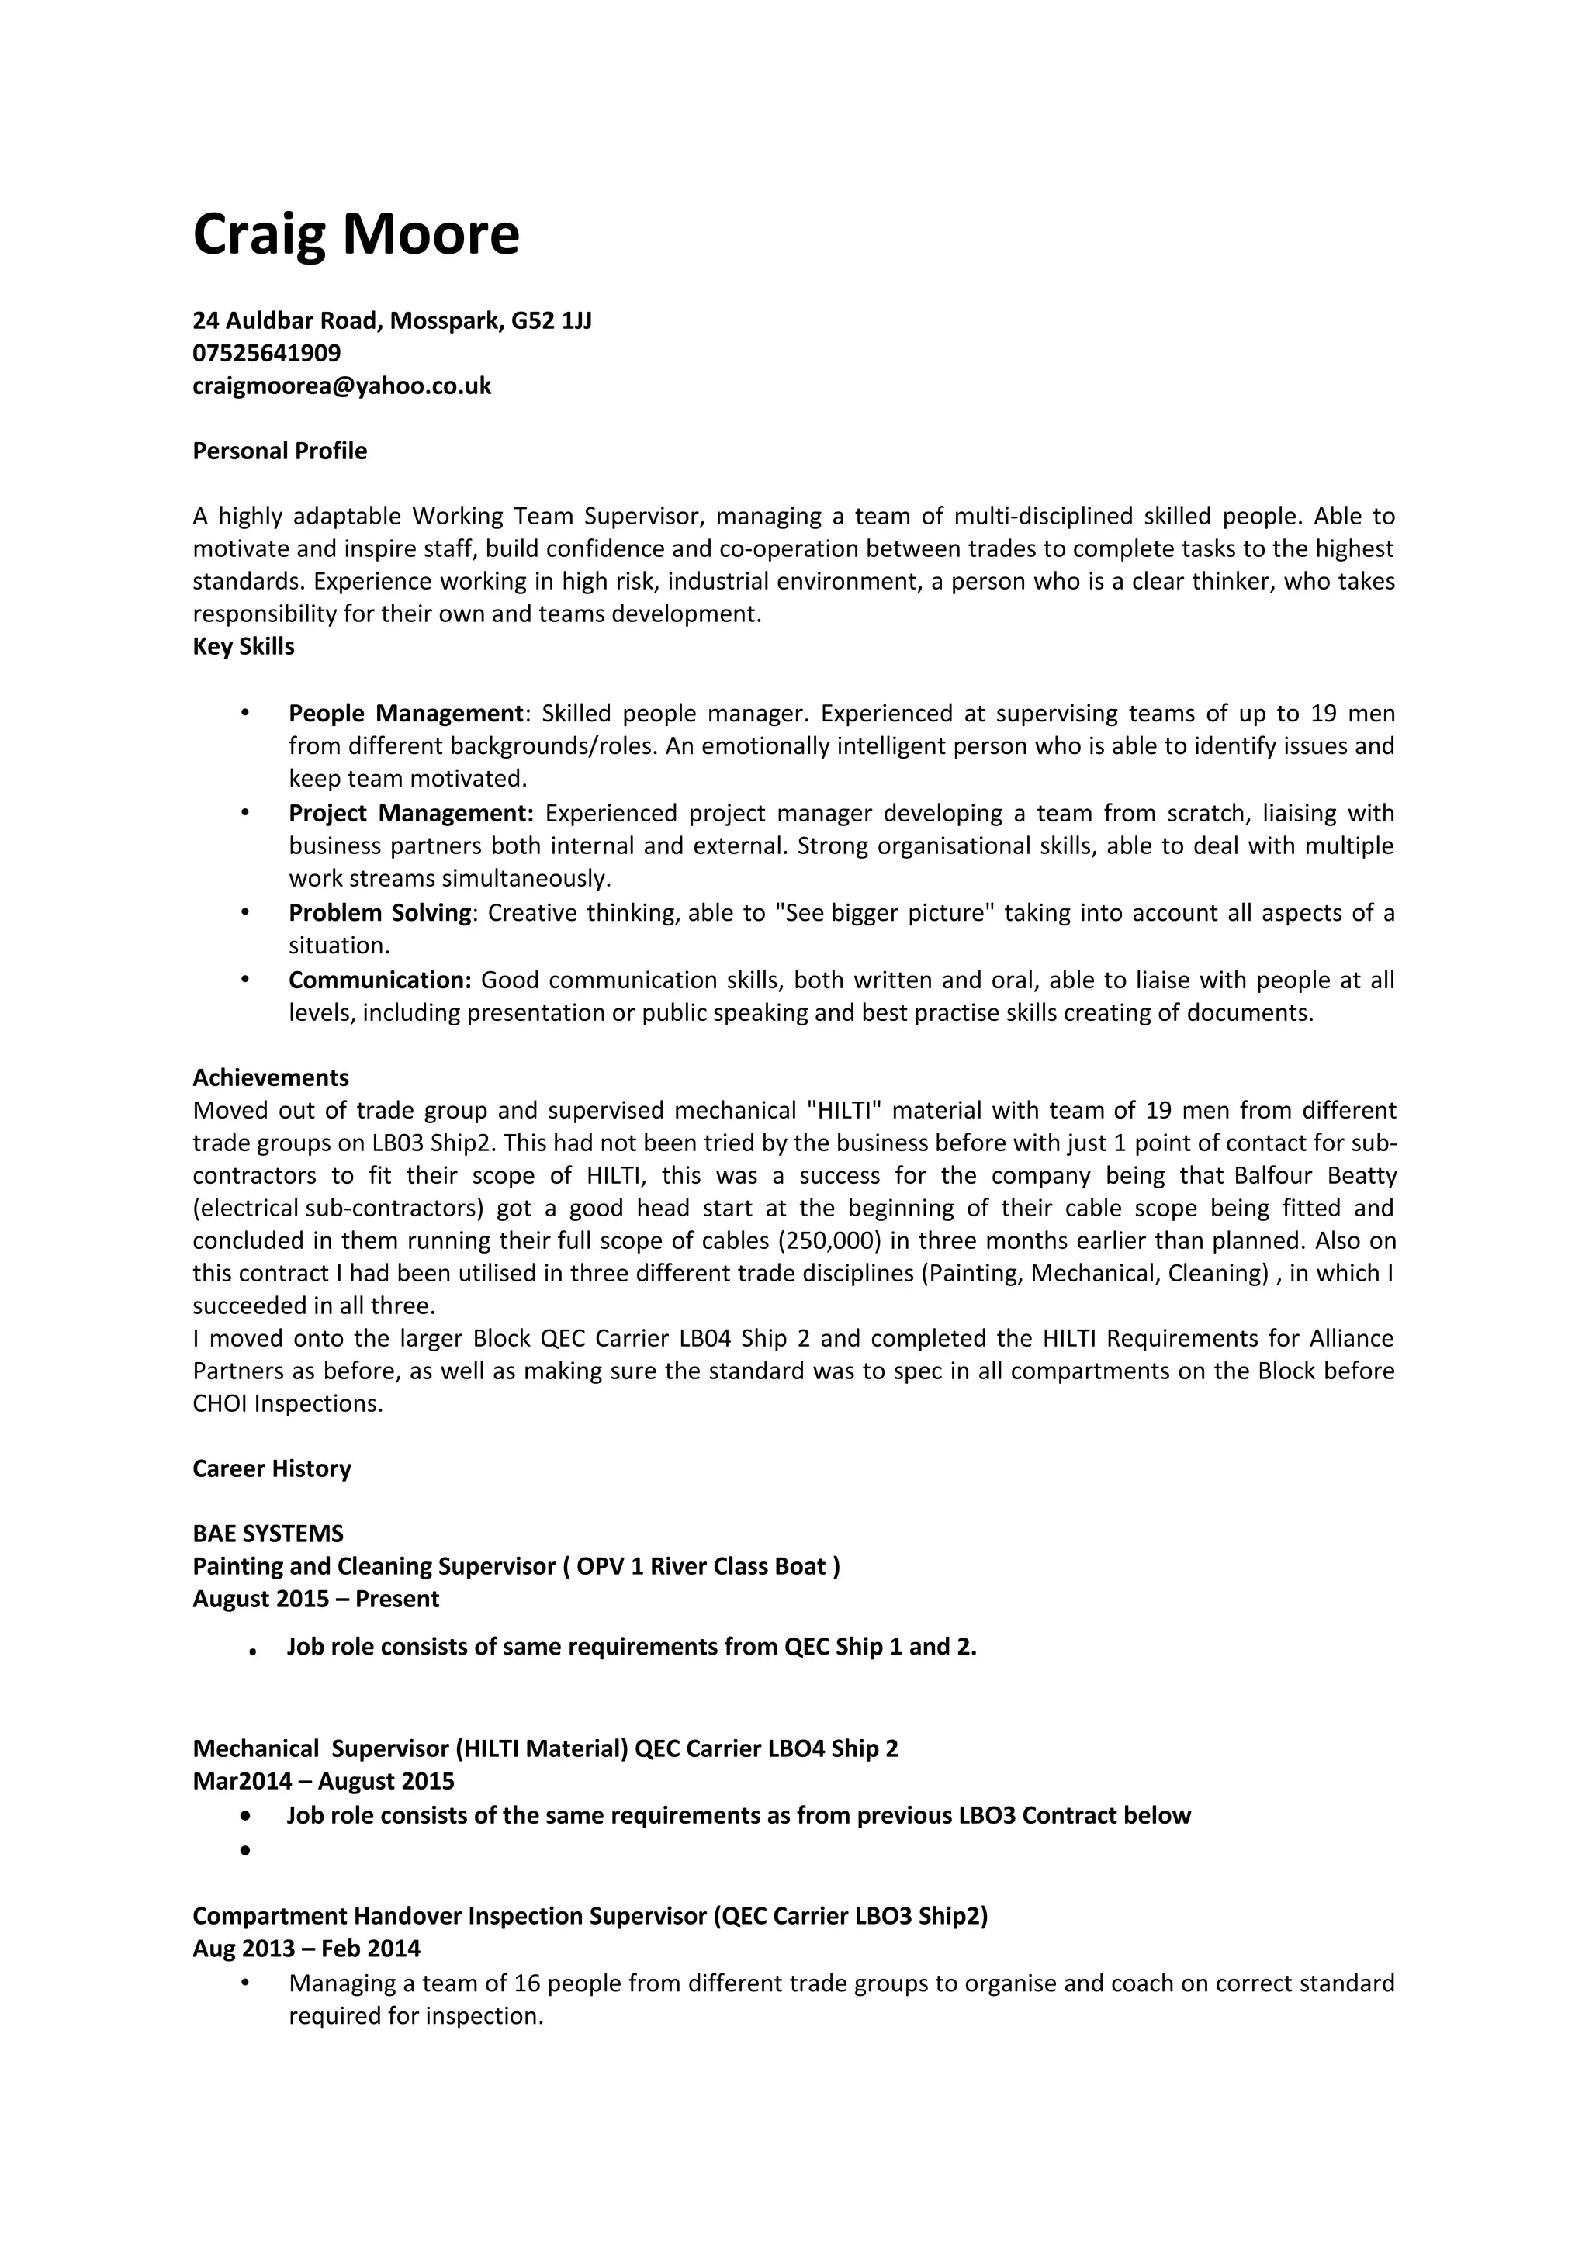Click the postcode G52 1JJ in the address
[x=551, y=320]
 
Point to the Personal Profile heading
[x=279, y=451]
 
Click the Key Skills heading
[x=243, y=646]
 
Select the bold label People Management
[x=405, y=713]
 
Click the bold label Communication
[x=380, y=979]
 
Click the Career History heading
[x=272, y=1468]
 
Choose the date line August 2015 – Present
[x=315, y=1598]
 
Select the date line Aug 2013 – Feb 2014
[x=306, y=1949]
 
